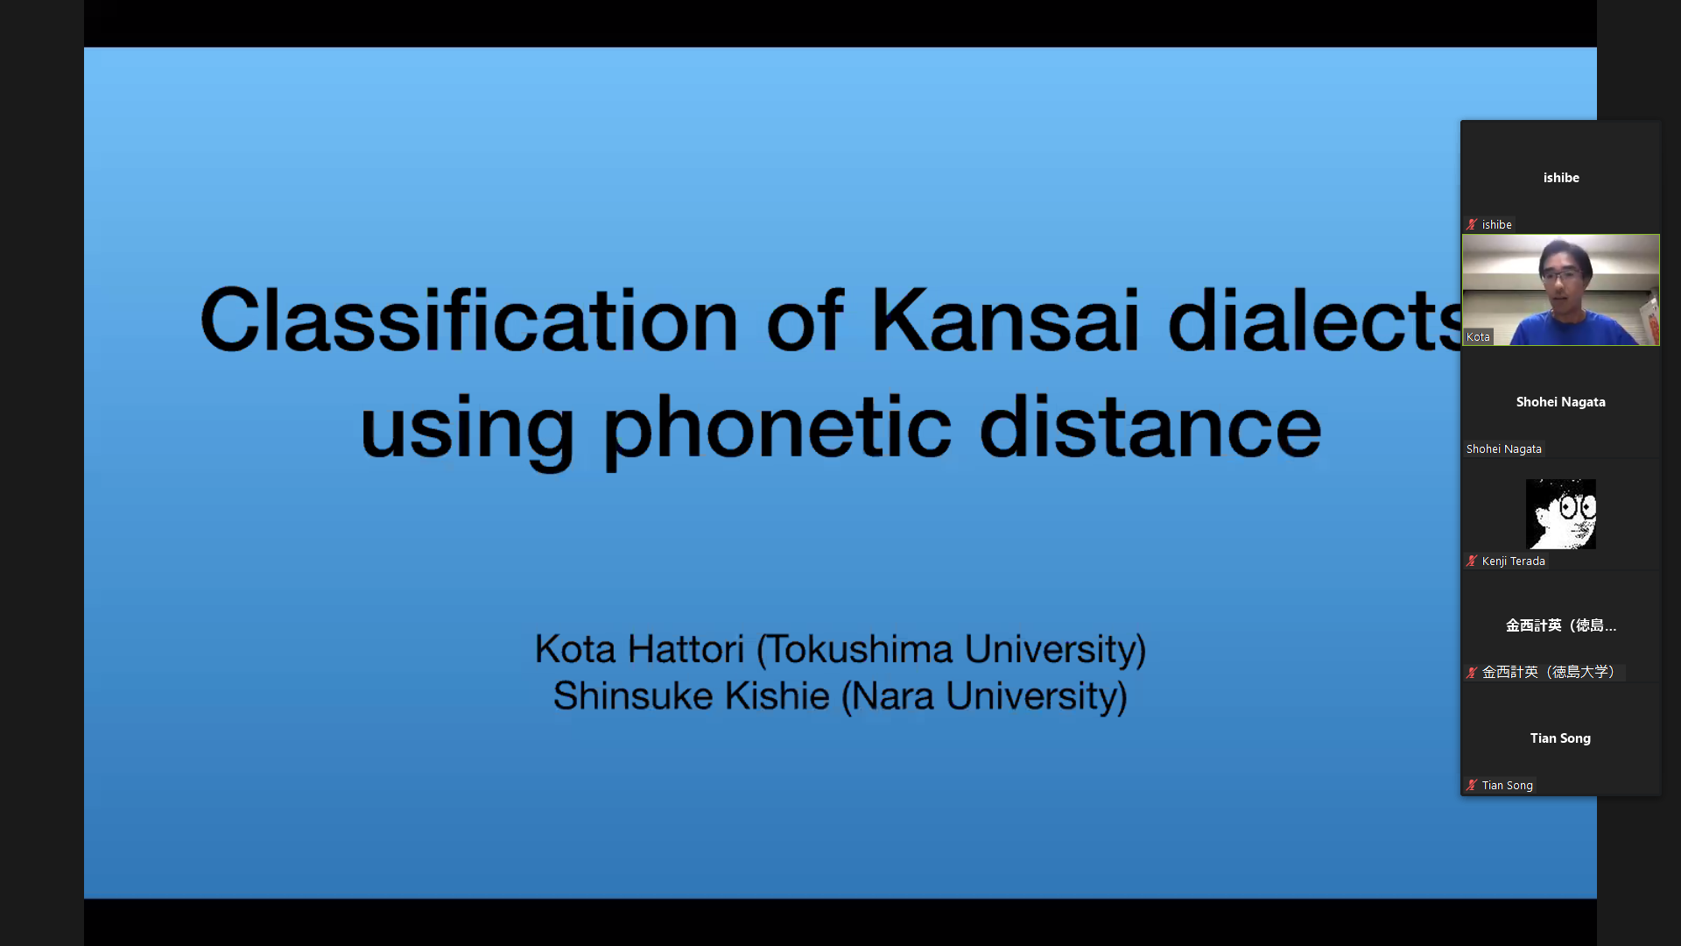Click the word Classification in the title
tap(469, 320)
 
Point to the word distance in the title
tap(1150, 427)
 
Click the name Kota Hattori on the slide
tap(639, 649)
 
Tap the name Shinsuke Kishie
tap(692, 696)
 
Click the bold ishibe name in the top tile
tap(1561, 178)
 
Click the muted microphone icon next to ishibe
tap(1472, 224)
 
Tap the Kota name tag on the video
tap(1478, 337)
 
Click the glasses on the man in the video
tap(1562, 275)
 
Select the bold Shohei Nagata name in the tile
tap(1561, 402)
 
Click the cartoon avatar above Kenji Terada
tap(1561, 514)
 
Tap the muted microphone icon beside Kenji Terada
tap(1472, 561)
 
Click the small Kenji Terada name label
tap(1514, 561)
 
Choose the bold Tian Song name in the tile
tap(1560, 738)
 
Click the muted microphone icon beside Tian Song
tap(1472, 785)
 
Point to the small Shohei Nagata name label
tap(1504, 449)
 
